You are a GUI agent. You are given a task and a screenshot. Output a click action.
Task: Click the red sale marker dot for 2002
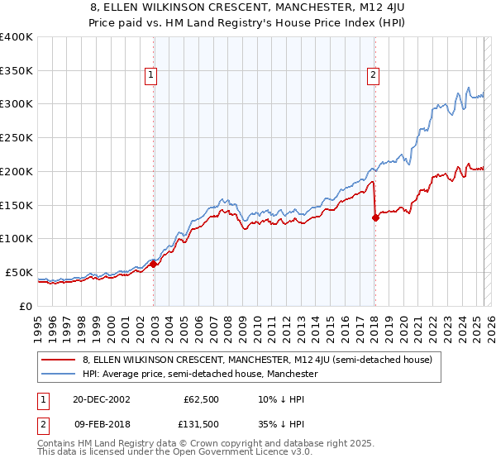tap(154, 265)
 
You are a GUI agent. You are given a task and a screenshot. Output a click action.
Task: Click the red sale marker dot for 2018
tap(375, 217)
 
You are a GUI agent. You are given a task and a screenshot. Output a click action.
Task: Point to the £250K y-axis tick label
tap(17, 137)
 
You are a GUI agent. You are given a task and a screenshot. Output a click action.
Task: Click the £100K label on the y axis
tap(17, 238)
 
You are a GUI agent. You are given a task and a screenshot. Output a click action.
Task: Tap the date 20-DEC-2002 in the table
tap(102, 399)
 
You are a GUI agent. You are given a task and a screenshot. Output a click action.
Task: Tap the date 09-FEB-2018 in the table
tap(102, 424)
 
